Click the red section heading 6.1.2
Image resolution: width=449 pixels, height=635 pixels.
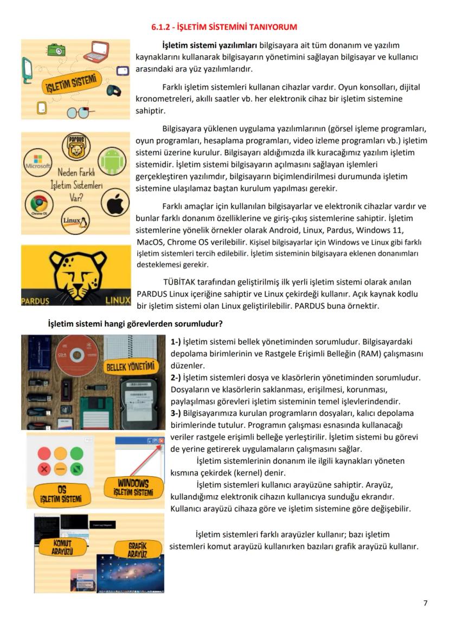tap(224, 27)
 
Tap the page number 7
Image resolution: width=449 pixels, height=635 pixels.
tap(425, 603)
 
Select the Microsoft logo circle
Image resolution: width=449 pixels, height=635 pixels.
tap(37, 163)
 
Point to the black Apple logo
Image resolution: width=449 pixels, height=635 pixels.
tap(116, 203)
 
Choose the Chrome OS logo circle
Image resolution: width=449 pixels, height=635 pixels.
tap(39, 205)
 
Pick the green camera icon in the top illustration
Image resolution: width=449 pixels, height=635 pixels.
tap(56, 50)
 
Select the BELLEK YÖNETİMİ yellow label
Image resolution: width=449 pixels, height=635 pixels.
tap(130, 367)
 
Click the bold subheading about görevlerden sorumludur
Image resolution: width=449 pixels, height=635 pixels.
tap(136, 324)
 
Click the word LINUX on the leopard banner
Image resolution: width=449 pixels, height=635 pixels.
tap(117, 300)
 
